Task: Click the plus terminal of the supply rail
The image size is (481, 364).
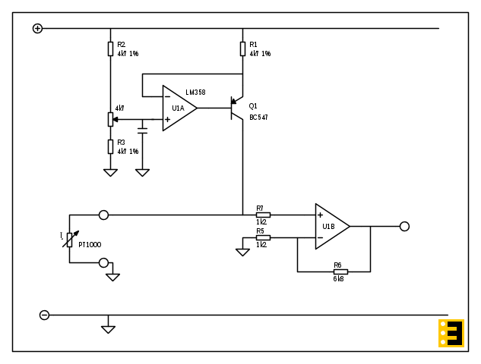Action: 37,28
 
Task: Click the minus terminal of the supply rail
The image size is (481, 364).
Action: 44,315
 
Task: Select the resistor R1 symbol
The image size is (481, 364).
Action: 242,49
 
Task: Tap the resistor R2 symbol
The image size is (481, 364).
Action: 110,49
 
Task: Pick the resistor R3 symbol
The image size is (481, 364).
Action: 110,146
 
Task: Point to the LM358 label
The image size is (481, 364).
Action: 195,93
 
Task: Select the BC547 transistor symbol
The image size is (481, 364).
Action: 236,110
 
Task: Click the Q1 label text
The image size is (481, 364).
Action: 253,106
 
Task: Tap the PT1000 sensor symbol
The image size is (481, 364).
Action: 69,240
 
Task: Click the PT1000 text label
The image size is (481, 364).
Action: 90,245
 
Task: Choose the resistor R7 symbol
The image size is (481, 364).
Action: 263,215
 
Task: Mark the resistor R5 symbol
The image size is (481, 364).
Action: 263,237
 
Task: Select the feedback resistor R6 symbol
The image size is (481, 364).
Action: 340,271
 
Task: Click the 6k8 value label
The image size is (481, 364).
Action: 338,279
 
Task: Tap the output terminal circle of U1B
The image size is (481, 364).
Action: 404,226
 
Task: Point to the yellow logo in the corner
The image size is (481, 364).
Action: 451,333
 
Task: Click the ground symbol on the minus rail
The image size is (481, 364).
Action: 109,328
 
